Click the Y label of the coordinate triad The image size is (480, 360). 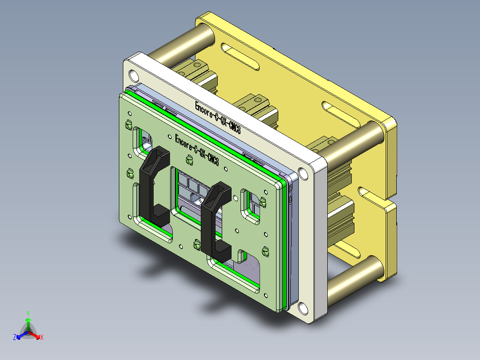[x=28, y=313]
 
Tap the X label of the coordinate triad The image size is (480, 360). [x=41, y=338]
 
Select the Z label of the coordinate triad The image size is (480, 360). [x=15, y=338]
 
